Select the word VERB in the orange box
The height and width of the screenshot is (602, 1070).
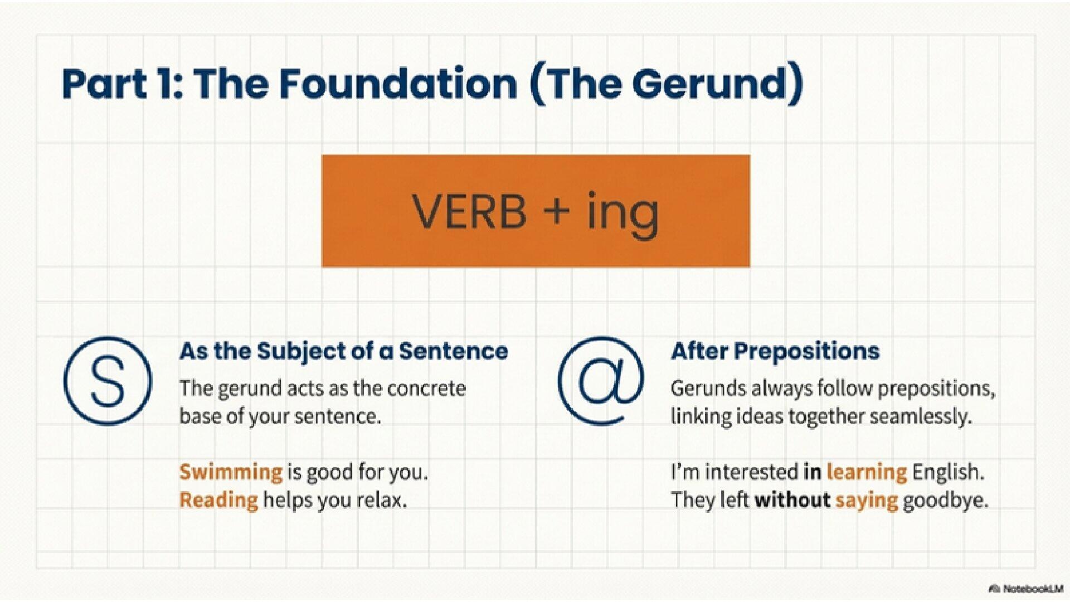click(x=469, y=212)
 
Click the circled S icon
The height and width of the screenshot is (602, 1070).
click(x=108, y=381)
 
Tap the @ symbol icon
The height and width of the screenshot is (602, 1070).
click(x=601, y=381)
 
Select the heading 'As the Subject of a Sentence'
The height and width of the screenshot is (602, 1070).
click(x=343, y=351)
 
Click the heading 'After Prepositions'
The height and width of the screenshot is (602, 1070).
click(x=775, y=351)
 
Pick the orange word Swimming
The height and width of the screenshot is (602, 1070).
click(x=231, y=472)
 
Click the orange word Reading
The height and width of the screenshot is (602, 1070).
click(x=218, y=500)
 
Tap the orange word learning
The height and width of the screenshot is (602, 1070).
click(x=867, y=472)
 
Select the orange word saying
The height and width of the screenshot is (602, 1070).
click(x=866, y=500)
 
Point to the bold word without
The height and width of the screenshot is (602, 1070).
click(x=792, y=500)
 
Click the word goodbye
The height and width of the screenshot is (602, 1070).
click(x=945, y=500)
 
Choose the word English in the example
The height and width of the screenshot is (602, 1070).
click(x=948, y=472)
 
